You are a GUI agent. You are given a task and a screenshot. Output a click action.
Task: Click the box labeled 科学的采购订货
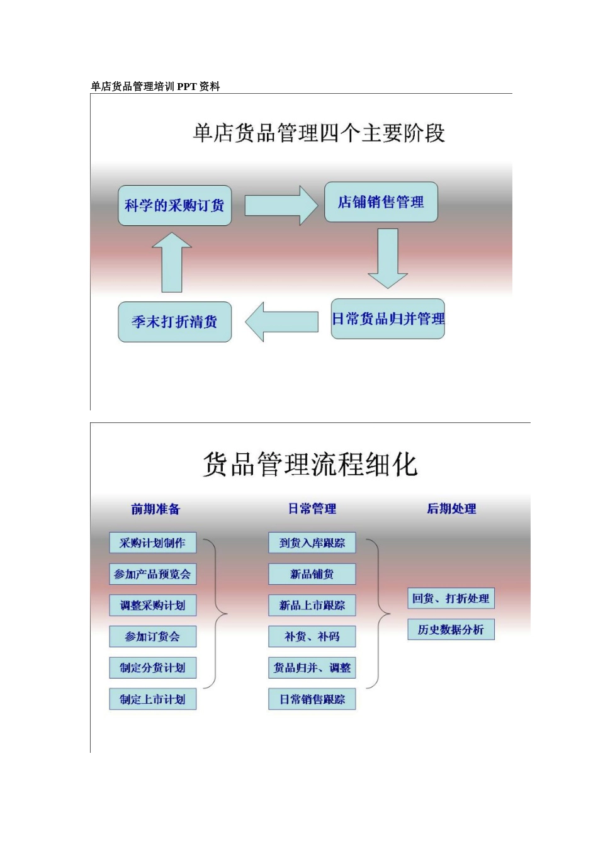coord(174,205)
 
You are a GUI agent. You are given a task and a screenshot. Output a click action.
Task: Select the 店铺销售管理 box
coord(381,201)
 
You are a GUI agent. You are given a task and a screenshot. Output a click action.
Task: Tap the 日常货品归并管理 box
coord(388,319)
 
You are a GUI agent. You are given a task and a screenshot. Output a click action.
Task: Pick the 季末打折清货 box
coord(174,322)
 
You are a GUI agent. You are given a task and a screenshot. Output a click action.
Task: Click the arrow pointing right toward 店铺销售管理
coord(281,205)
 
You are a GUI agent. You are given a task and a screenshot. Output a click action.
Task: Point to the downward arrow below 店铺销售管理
coord(388,258)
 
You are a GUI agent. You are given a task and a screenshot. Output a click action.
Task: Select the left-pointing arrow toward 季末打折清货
coord(281,322)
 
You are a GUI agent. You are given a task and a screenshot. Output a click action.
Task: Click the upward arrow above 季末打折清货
coord(172,262)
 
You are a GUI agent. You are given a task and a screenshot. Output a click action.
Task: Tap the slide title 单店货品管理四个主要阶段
coord(319,133)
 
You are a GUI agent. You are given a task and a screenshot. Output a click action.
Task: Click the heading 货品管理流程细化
coord(310,465)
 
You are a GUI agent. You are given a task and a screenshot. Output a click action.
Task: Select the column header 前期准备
coord(155,509)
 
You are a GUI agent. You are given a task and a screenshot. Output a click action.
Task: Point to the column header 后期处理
coord(451,509)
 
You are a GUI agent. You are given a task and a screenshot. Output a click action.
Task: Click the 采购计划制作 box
coord(152,543)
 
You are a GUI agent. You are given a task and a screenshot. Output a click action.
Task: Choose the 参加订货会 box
coord(152,636)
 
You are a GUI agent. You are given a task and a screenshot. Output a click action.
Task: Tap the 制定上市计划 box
coord(152,699)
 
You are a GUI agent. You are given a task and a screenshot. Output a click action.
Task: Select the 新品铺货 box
coord(312,574)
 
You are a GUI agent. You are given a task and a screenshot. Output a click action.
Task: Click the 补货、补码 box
coord(312,636)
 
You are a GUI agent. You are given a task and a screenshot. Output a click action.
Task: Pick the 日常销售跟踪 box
coord(312,699)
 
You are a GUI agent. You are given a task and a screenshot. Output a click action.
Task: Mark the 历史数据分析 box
coord(451,629)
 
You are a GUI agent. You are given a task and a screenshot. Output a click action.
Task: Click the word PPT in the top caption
coord(187,87)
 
